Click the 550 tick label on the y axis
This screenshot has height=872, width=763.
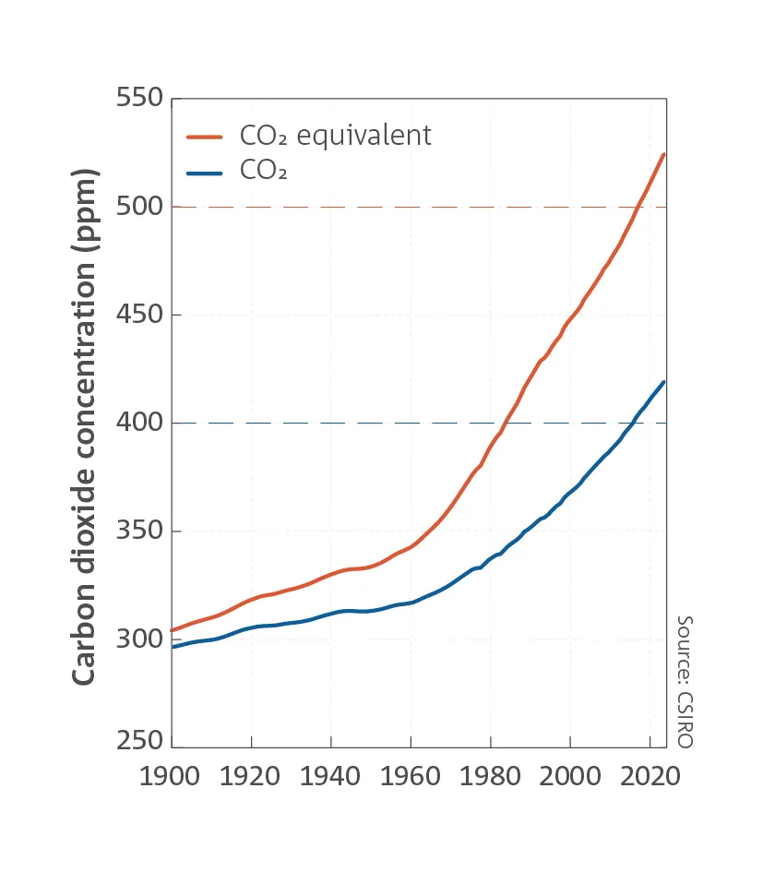click(x=139, y=98)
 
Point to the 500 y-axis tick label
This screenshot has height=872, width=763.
click(x=139, y=206)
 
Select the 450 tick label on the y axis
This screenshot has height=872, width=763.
click(x=139, y=315)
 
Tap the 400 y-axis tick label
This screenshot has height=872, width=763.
click(x=139, y=423)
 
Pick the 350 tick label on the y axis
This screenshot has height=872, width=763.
click(x=139, y=531)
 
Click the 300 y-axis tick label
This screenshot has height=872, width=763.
click(x=139, y=639)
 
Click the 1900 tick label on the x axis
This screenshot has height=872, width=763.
click(x=171, y=776)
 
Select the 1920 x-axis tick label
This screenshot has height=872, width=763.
click(x=251, y=776)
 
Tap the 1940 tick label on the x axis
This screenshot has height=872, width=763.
click(x=330, y=776)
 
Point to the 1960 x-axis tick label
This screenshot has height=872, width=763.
click(x=411, y=776)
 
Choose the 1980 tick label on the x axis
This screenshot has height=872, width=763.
click(x=490, y=776)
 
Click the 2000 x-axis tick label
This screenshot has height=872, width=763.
click(x=570, y=776)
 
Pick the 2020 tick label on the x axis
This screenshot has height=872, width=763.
click(x=650, y=776)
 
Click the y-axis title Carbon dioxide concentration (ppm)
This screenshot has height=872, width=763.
click(x=84, y=426)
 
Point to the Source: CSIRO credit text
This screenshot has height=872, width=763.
click(x=684, y=681)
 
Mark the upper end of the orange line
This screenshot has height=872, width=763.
click(x=663, y=154)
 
